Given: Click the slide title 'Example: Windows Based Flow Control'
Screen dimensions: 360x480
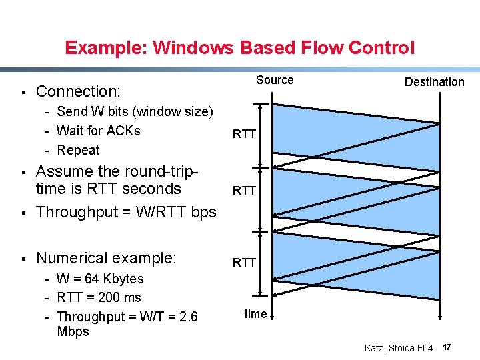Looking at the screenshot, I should pyautogui.click(x=239, y=48).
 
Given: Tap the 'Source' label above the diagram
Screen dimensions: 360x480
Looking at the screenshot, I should pyautogui.click(x=275, y=80).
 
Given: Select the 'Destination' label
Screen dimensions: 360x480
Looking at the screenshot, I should pyautogui.click(x=434, y=82).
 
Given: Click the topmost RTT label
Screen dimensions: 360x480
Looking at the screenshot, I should pyautogui.click(x=244, y=134).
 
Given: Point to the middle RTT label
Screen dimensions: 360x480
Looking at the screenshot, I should pyautogui.click(x=244, y=191).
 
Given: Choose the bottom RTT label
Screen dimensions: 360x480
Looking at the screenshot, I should pyautogui.click(x=244, y=263).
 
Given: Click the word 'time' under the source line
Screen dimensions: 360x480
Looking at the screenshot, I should pyautogui.click(x=255, y=313).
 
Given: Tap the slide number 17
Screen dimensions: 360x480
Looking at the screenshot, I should pyautogui.click(x=447, y=347).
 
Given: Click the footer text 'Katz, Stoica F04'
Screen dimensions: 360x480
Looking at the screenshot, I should pyautogui.click(x=399, y=348).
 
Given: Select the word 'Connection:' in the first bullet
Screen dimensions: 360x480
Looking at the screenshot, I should pyautogui.click(x=78, y=91).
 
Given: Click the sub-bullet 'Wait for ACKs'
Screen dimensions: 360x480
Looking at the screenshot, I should pyautogui.click(x=99, y=131).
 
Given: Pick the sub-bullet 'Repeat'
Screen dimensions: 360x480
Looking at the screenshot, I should pyautogui.click(x=78, y=150).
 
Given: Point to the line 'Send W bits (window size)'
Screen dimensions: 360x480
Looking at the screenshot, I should pyautogui.click(x=135, y=111).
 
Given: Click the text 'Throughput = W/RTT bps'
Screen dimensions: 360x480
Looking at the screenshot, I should pyautogui.click(x=126, y=212).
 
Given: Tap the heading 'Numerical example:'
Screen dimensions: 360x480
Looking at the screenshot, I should pyautogui.click(x=106, y=258).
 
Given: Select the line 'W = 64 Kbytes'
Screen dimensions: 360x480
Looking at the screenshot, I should pyautogui.click(x=100, y=279).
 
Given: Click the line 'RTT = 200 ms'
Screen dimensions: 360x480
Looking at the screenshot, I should pyautogui.click(x=99, y=297).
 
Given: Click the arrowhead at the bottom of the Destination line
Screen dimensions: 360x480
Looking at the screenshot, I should pyautogui.click(x=440, y=318).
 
